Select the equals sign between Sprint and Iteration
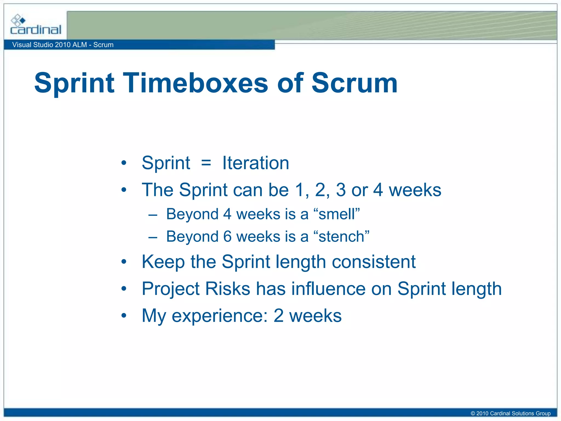[206, 163]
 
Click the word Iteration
[256, 163]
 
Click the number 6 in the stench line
[227, 237]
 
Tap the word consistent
[374, 262]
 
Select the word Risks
[228, 289]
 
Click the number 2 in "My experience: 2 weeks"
[278, 316]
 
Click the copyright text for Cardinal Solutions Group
[510, 413]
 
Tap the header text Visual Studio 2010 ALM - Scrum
[63, 45]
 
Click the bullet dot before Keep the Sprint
[124, 262]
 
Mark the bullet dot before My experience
[124, 316]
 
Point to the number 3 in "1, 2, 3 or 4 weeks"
[340, 190]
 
